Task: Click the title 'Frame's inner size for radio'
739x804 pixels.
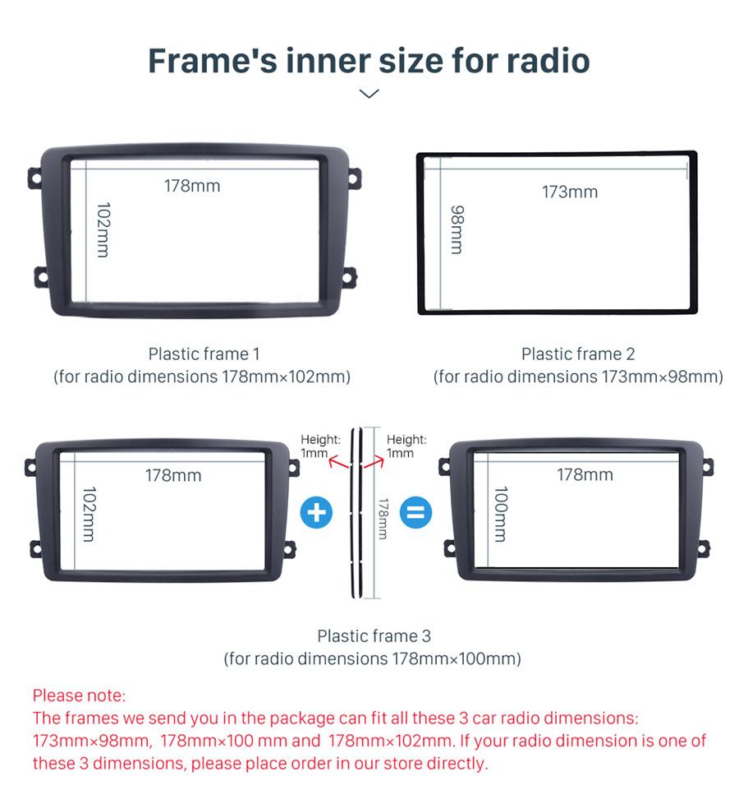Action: tap(369, 61)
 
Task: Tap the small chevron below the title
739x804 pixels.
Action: tap(369, 94)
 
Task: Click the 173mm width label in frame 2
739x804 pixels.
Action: tap(569, 192)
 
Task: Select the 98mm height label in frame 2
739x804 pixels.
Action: tap(457, 229)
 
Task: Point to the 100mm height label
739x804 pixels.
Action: tap(500, 514)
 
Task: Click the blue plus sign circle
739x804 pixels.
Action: tap(316, 513)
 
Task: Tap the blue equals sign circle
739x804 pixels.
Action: tap(415, 513)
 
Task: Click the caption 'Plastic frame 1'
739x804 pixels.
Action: tap(204, 353)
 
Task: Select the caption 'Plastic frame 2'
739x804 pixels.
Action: tap(578, 353)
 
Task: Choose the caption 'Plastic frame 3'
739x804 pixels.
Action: tap(374, 635)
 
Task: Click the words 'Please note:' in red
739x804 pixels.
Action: tap(80, 695)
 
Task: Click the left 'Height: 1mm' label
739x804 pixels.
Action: tap(319, 446)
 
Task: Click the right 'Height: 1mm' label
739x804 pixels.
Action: tap(406, 446)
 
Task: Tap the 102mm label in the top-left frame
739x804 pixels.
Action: tap(102, 230)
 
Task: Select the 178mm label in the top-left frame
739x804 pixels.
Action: tap(192, 186)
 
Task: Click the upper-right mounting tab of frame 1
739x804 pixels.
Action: tap(353, 177)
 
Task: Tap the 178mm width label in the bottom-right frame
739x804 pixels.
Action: tap(585, 475)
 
